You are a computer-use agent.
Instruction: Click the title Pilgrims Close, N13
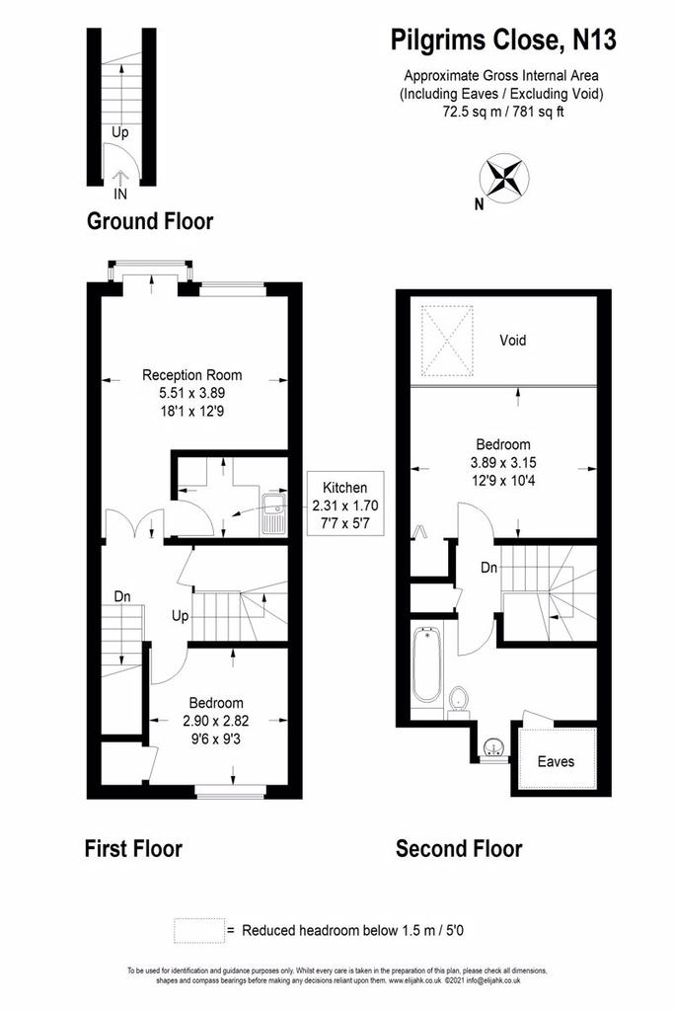(503, 39)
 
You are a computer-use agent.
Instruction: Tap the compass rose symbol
(503, 177)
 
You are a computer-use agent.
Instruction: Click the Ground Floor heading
(149, 221)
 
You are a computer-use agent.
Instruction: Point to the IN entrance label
(120, 194)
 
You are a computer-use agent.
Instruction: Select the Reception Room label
(192, 374)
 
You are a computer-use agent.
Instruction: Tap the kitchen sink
(274, 513)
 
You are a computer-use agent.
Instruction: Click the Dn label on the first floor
(122, 596)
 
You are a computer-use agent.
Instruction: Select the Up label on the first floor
(181, 615)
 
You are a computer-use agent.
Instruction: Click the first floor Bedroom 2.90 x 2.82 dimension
(216, 721)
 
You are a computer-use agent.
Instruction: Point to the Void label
(513, 340)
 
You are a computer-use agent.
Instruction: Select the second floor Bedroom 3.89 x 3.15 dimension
(503, 462)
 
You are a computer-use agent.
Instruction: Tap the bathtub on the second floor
(426, 664)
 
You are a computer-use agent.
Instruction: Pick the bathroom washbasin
(494, 748)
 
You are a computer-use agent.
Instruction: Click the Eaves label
(556, 761)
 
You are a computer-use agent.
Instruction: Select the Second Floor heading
(459, 848)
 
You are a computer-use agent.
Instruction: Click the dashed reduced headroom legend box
(199, 930)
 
